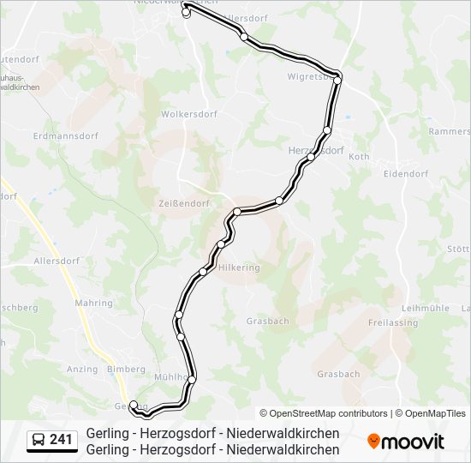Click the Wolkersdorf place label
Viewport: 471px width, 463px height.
click(189, 114)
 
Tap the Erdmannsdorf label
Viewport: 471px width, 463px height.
click(65, 136)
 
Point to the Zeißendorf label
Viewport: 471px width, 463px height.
click(184, 202)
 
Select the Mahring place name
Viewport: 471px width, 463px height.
click(93, 304)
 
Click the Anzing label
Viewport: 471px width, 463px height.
click(81, 370)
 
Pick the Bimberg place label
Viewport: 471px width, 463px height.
click(127, 370)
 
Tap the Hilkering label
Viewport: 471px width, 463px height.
click(239, 268)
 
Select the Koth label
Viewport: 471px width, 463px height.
click(359, 157)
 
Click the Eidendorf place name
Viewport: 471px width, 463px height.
click(405, 174)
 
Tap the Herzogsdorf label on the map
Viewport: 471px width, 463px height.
click(316, 150)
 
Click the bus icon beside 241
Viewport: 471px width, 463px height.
click(39, 441)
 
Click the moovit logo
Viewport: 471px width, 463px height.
click(406, 442)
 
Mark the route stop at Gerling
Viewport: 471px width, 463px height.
click(134, 405)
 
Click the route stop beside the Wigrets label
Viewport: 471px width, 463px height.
click(338, 80)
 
